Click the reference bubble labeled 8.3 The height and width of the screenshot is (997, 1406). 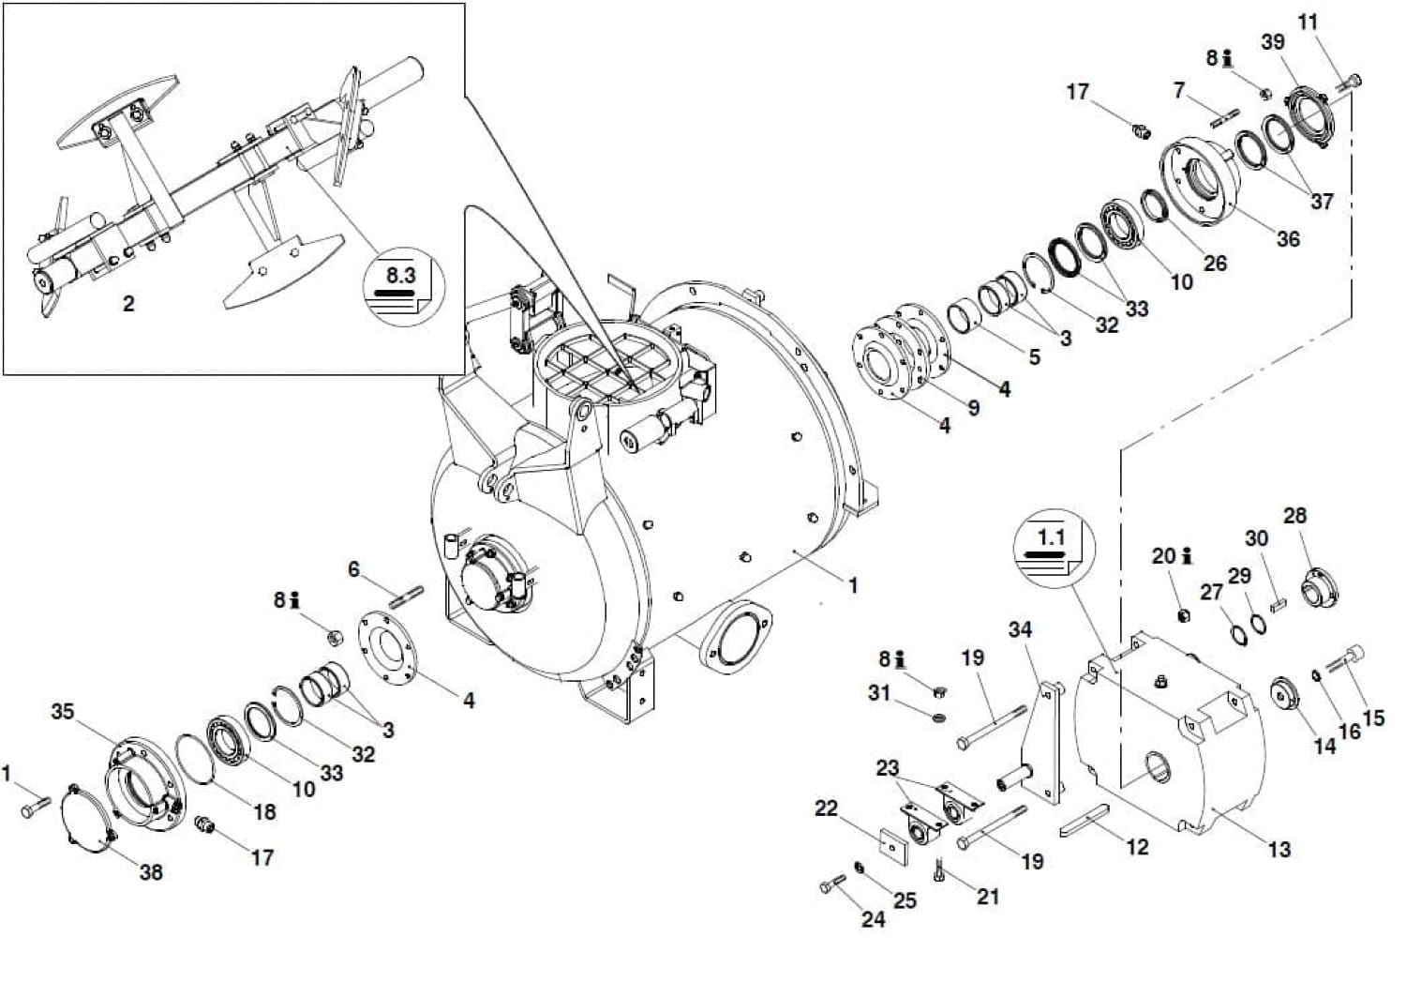tap(404, 286)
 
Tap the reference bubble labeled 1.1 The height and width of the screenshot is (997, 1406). tap(1054, 549)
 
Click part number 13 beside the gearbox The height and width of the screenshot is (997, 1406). tap(1279, 850)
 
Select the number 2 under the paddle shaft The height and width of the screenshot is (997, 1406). tap(128, 304)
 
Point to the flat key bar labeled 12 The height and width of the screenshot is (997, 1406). tap(1084, 821)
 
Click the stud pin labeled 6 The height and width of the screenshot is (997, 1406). tap(407, 597)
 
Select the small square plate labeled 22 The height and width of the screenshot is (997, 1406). tap(894, 847)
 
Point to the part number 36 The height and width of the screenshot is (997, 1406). tap(1288, 239)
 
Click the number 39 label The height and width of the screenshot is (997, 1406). tap(1273, 42)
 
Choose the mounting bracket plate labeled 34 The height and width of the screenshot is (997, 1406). tap(1039, 743)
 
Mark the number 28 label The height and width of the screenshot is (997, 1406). tap(1294, 516)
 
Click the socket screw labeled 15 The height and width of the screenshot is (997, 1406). tap(1344, 661)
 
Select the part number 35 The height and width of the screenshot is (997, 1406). tap(63, 711)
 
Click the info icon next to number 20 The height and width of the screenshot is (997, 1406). tap(1187, 556)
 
